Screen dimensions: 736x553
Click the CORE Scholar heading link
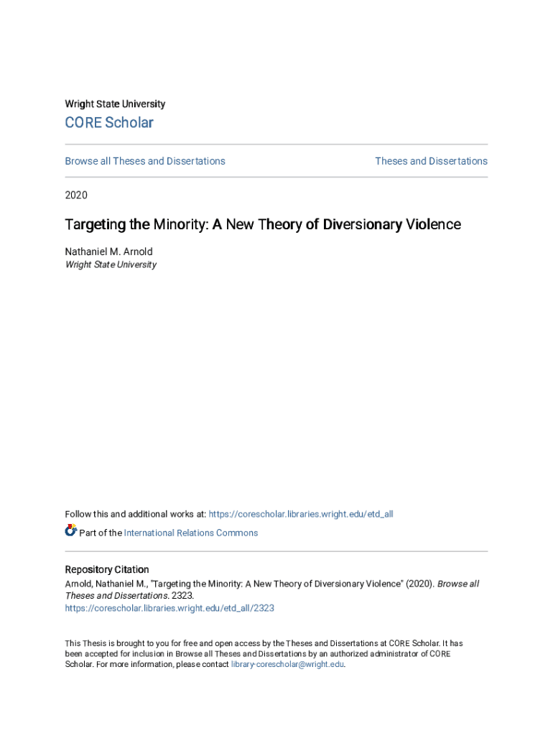109,123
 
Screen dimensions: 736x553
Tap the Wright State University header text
115,104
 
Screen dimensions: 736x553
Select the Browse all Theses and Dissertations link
145,161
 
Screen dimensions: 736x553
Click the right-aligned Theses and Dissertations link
431,161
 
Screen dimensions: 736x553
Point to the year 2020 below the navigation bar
76,195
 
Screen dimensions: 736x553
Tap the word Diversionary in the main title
362,224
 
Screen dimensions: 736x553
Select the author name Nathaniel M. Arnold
108,252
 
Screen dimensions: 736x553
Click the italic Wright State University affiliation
111,264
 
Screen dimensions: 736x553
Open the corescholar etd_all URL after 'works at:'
300,514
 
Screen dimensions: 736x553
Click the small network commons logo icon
71,531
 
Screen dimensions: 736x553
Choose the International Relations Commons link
190,533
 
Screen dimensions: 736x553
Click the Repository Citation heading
107,570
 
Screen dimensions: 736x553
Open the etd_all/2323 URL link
169,608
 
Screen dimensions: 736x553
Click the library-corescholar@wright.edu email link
287,665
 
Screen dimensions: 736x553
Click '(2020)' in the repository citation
420,584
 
